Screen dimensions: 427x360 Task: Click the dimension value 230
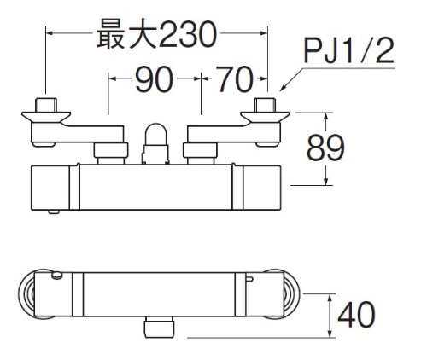[x=188, y=35]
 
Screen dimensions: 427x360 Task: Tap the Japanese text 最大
[x=126, y=34]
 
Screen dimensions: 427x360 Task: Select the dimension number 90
[x=154, y=79]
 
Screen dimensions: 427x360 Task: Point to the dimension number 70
[x=234, y=79]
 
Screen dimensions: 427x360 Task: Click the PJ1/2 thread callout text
[x=349, y=51]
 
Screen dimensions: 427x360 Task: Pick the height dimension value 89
[x=325, y=148]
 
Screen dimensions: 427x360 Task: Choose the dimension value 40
[x=356, y=315]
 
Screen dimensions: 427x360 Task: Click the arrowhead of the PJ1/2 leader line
[x=283, y=88]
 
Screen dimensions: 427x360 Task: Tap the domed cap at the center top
[x=155, y=134]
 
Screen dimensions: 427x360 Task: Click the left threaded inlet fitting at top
[x=46, y=105]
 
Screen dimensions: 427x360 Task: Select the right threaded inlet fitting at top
[x=265, y=105]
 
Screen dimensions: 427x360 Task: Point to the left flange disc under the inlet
[x=46, y=117]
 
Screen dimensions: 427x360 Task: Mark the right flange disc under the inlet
[x=265, y=117]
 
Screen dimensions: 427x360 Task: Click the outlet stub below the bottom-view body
[x=159, y=328]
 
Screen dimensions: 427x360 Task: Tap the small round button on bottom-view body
[x=56, y=276]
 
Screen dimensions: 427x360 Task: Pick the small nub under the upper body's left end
[x=54, y=212]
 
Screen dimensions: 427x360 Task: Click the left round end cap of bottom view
[x=26, y=294]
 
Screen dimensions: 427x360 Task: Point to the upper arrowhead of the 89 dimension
[x=326, y=117]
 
